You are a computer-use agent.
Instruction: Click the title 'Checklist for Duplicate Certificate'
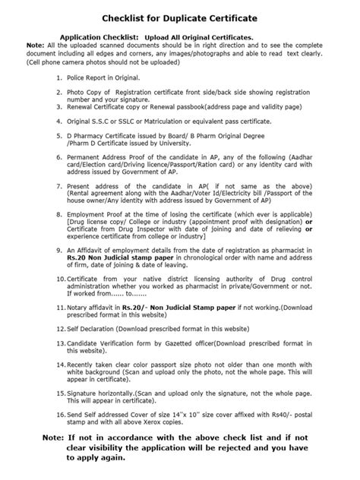(x=179, y=16)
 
